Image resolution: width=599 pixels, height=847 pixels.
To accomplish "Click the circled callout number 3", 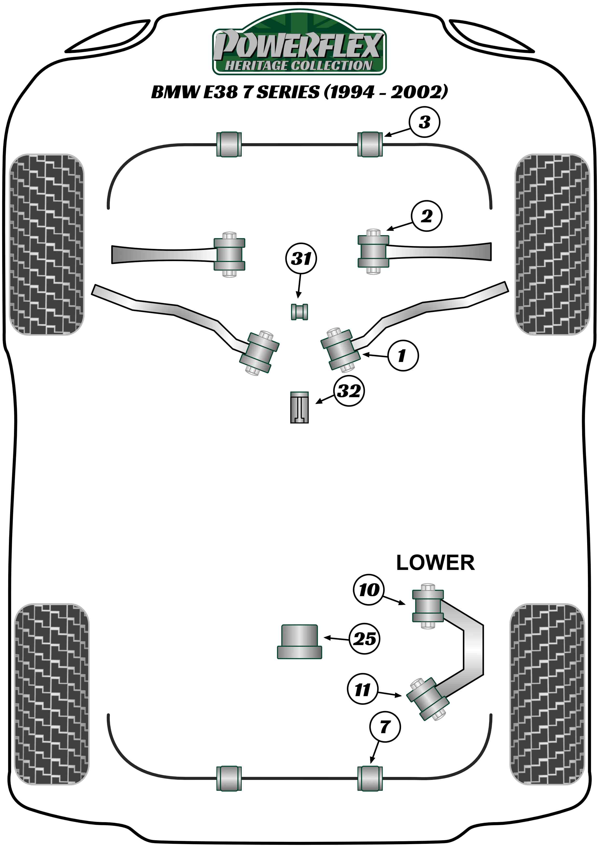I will pos(424,122).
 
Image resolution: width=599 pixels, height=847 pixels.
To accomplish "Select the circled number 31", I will pos(301,258).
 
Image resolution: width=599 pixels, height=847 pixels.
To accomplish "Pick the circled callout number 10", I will pos(368,590).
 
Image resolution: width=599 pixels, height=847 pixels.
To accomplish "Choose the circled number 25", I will pos(364,639).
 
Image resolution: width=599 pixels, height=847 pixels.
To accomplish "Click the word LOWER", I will pos(435,563).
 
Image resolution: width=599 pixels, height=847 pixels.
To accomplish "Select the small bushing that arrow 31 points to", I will pos(299,312).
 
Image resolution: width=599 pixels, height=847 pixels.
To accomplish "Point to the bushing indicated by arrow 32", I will pos(299,407).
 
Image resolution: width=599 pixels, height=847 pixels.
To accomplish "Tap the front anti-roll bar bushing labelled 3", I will pos(370,144).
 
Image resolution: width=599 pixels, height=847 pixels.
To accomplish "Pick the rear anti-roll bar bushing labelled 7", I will pos(370,778).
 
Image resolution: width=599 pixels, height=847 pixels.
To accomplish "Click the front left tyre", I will pos(46,244).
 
